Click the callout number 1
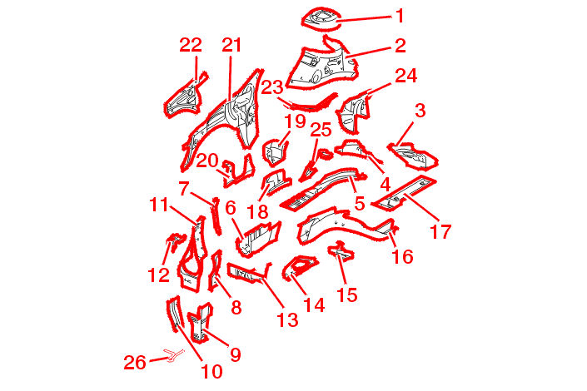[x=400, y=16]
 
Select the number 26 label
[x=135, y=362]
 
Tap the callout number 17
[x=441, y=231]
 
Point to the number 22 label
[x=191, y=45]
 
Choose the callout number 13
[x=287, y=320]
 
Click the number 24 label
[x=406, y=76]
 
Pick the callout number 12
[x=159, y=275]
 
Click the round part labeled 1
[x=321, y=17]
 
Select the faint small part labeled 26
[x=173, y=354]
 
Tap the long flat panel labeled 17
[x=406, y=193]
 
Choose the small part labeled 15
[x=341, y=251]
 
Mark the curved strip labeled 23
[x=309, y=105]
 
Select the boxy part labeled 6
[x=258, y=238]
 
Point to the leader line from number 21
[x=231, y=78]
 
